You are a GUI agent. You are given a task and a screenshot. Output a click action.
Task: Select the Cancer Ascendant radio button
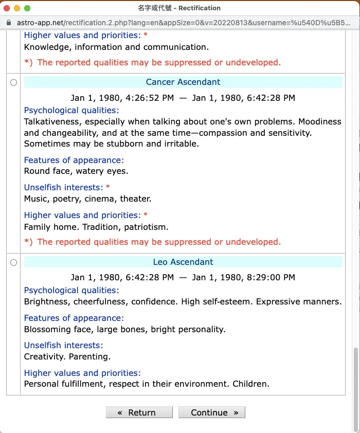(x=13, y=82)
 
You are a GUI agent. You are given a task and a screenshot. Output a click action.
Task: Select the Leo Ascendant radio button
(x=13, y=262)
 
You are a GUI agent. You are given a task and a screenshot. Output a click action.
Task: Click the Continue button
(x=211, y=412)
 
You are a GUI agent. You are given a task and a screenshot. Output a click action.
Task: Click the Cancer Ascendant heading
(x=183, y=82)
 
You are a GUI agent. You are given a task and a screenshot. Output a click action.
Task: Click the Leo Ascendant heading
(x=183, y=262)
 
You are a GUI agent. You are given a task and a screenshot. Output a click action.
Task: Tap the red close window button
(x=7, y=8)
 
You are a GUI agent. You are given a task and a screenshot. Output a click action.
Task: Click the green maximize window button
(x=27, y=8)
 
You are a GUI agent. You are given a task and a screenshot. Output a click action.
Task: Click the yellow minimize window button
(x=17, y=8)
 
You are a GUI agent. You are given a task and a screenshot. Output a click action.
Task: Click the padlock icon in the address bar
(x=8, y=23)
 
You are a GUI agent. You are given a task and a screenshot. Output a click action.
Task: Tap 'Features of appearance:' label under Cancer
(x=74, y=160)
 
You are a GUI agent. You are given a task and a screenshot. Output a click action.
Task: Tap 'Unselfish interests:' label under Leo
(x=63, y=345)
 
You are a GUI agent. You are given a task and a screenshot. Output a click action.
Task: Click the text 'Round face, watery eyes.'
(x=76, y=171)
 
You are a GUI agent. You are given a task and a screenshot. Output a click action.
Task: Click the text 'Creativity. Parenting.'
(x=67, y=356)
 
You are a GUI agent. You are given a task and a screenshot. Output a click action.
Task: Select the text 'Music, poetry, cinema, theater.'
(x=87, y=199)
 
